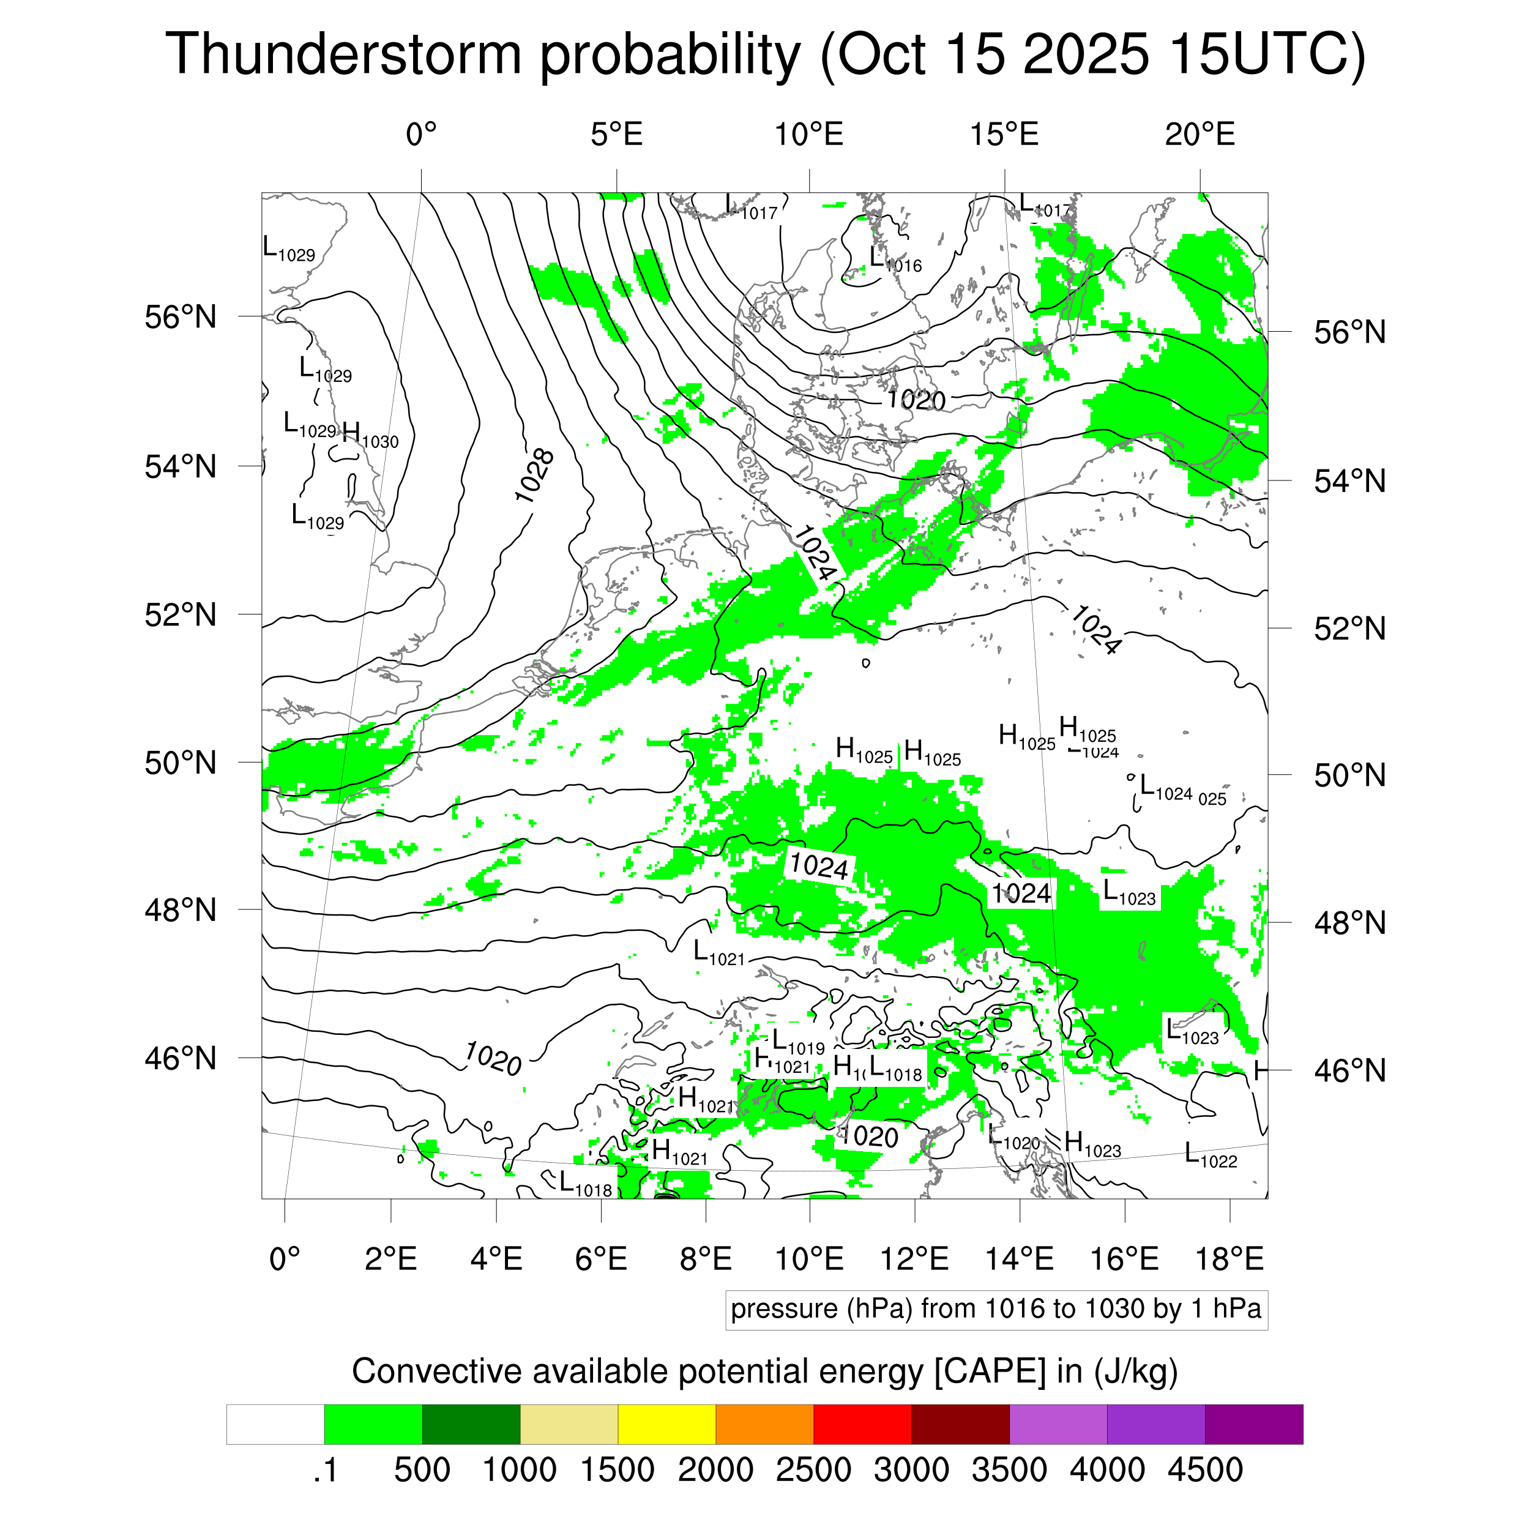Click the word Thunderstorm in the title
343,54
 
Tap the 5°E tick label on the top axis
616,135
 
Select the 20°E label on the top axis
1199,135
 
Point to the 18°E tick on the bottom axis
1229,1258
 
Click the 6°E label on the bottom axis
601,1258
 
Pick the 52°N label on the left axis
181,614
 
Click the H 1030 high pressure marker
370,436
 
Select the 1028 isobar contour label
534,475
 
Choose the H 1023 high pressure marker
1092,1144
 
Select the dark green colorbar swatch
471,1425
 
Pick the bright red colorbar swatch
862,1425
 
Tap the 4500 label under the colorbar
1204,1470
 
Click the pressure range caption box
996,1309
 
